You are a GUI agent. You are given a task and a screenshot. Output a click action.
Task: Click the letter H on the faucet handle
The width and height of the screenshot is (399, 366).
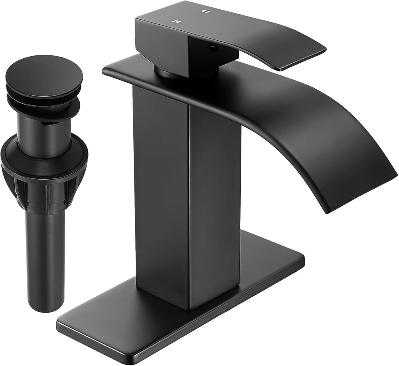pyautogui.click(x=174, y=20)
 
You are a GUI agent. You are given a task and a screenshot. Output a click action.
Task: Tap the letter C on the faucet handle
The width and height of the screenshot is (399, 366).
pyautogui.click(x=206, y=11)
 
